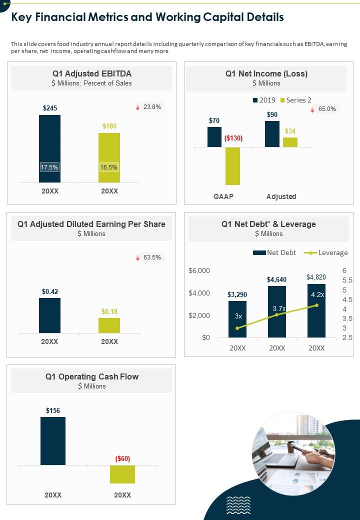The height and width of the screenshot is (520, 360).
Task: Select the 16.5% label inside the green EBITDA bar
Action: point(109,167)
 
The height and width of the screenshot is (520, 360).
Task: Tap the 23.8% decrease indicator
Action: point(148,107)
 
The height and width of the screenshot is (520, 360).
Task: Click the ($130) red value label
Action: point(233,138)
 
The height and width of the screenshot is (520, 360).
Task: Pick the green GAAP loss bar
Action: point(232,166)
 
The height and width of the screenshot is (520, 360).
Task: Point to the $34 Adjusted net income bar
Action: point(290,142)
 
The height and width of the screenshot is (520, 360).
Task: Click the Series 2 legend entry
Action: point(295,100)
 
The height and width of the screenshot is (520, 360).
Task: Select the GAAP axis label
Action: point(223,196)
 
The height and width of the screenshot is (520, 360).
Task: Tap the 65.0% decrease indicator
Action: point(323,109)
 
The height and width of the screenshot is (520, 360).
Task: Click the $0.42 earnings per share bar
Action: point(50,315)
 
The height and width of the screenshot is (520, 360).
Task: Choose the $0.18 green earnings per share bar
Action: point(109,325)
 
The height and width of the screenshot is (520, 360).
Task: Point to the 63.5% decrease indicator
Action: point(148,257)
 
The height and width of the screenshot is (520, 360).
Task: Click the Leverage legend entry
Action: point(328,252)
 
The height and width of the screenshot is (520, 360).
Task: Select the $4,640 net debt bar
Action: point(276,311)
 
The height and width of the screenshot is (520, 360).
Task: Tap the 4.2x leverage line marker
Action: point(316,305)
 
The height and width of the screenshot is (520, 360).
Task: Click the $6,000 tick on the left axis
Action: point(199,270)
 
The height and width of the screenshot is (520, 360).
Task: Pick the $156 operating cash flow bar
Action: point(53,440)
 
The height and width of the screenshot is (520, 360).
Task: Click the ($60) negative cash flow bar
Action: point(122,474)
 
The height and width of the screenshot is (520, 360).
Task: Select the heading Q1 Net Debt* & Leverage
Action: point(268,224)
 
